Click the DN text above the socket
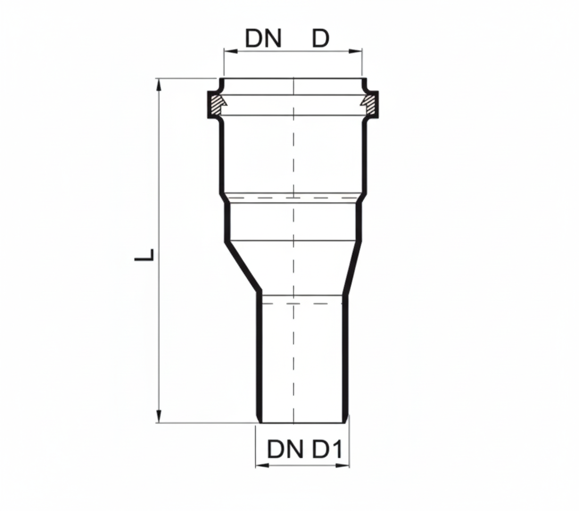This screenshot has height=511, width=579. coord(263,39)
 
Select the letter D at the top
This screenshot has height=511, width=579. coord(320,39)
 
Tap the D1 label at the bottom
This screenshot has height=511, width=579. coord(326,450)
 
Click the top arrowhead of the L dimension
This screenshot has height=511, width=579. coord(159,85)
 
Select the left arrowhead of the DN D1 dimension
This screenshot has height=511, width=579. coord(261,465)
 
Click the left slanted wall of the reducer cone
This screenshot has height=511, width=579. coord(242,266)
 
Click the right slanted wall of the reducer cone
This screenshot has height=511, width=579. coord(353,266)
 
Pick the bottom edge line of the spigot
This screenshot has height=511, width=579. coord(302,423)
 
